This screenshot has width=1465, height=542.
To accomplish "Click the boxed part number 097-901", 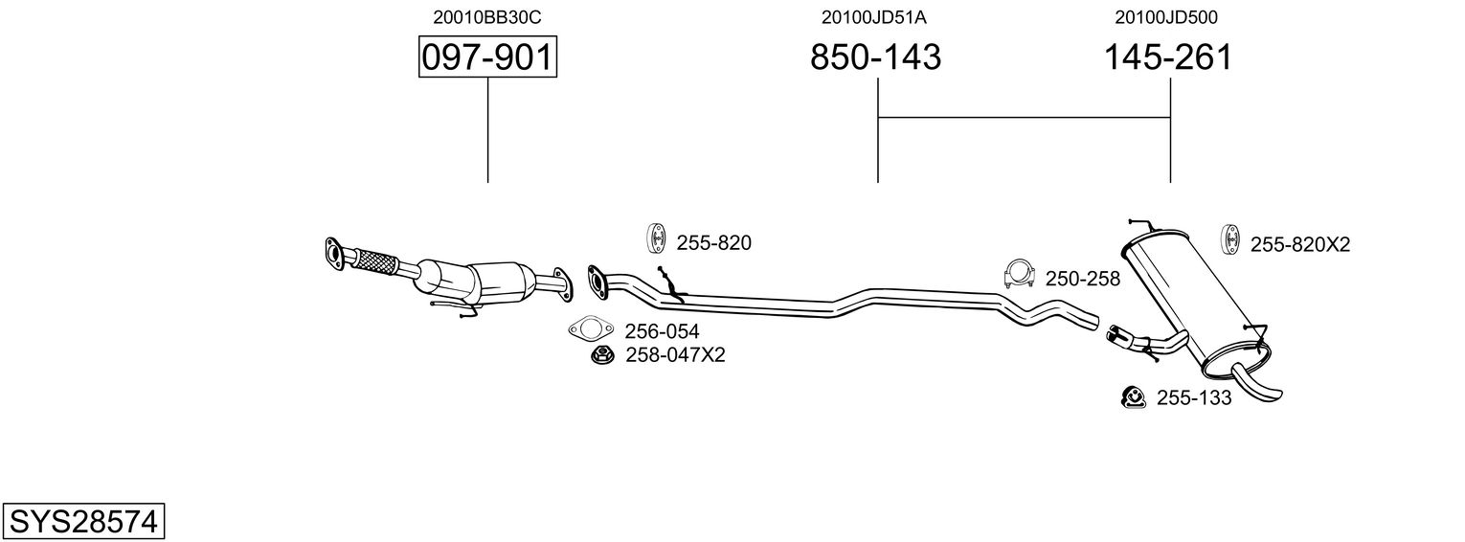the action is (x=487, y=57).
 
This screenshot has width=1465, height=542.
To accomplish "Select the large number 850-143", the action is (x=876, y=57).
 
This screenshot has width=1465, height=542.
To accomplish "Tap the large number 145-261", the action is (x=1168, y=57).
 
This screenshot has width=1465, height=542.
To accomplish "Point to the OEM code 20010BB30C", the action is (x=487, y=16).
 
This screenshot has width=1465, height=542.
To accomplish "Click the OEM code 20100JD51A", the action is (x=874, y=16).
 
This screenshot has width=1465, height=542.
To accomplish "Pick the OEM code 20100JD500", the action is (x=1166, y=16).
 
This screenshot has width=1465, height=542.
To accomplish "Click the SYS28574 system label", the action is (x=83, y=522).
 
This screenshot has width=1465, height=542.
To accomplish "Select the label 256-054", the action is (x=662, y=331).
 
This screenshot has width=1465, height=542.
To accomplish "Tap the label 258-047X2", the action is (x=675, y=355).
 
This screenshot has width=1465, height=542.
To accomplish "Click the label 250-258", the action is (x=1082, y=279).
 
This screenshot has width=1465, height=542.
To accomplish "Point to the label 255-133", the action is (x=1193, y=397).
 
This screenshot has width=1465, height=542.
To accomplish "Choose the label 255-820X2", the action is (x=1299, y=244).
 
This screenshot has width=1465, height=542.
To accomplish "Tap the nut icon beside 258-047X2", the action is (x=603, y=356).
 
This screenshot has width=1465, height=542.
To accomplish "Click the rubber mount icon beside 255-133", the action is (x=1134, y=397).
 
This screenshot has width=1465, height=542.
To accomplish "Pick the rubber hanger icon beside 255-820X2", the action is (x=1231, y=239).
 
